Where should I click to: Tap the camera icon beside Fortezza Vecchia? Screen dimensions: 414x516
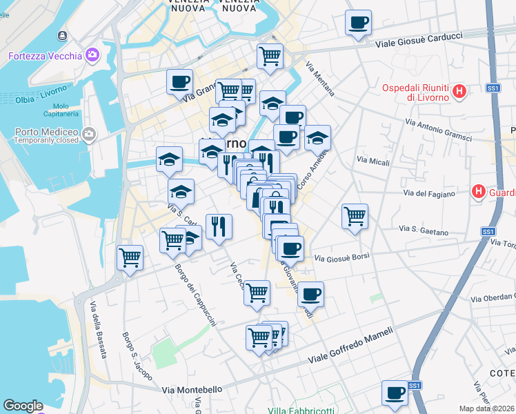click(92, 55)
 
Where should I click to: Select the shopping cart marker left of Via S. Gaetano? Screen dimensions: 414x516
click(355, 216)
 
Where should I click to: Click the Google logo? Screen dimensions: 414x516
click(23, 406)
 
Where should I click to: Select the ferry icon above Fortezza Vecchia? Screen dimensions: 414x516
click(63, 35)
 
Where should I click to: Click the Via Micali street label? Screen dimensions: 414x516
click(373, 161)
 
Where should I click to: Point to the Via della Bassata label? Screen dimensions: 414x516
click(99, 332)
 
